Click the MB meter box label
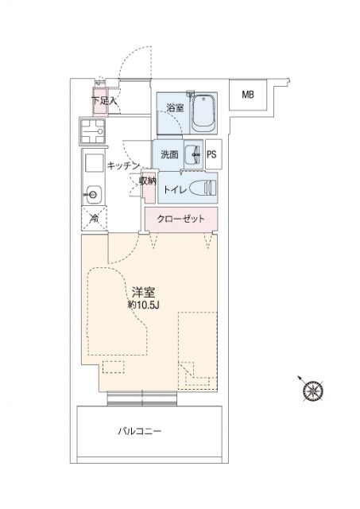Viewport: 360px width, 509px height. pos(248,95)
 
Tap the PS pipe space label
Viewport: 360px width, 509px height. pos(211,154)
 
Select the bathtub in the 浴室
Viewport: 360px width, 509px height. pos(203,113)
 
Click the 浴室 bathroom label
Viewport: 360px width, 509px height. pos(175,108)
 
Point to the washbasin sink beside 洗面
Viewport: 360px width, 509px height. pos(193,154)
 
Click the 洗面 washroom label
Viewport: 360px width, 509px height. pos(169,154)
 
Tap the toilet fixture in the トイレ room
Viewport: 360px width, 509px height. pos(202,188)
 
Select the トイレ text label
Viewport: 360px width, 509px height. pos(175,189)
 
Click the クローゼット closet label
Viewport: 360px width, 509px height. pos(181,220)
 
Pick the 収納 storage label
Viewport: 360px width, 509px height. pos(148,181)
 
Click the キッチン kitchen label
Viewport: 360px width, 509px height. pos(123,165)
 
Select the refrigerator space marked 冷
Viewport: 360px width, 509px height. pos(94,219)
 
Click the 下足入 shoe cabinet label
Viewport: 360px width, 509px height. pos(104,101)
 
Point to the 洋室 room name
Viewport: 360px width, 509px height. pos(143,293)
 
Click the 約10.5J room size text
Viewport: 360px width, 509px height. pos(143,305)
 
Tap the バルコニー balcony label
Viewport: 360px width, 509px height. pos(140,431)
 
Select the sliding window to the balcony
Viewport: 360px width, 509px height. pos(142,398)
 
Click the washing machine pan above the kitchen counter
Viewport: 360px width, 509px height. pos(93,131)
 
